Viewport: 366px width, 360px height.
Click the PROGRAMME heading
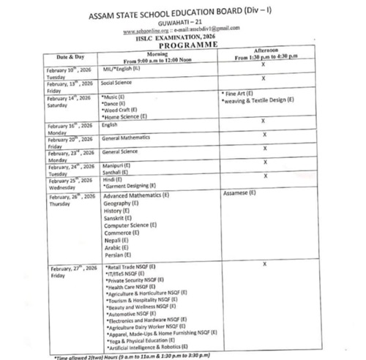[179, 44]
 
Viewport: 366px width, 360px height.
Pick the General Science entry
[120, 151]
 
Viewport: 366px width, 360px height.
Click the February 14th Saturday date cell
[70, 100]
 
